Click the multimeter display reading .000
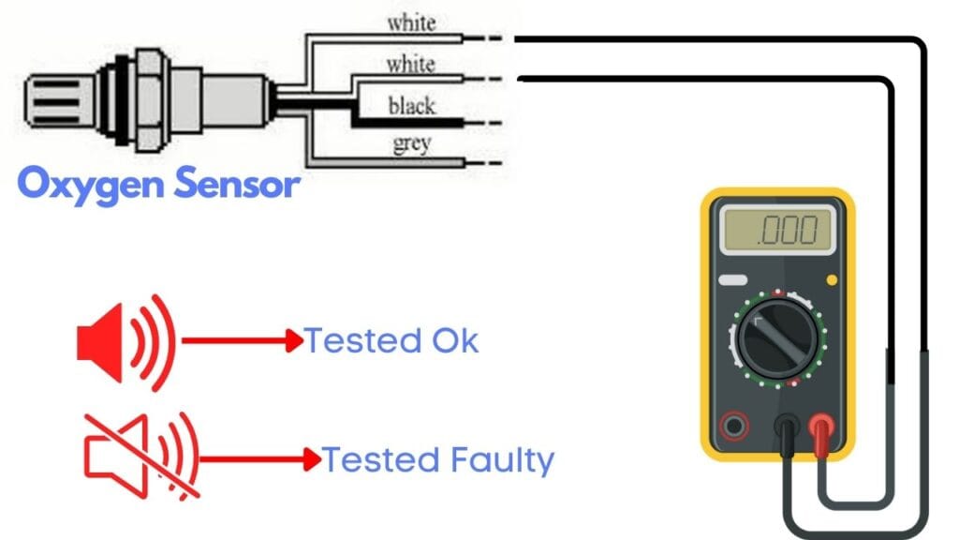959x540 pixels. point(777,230)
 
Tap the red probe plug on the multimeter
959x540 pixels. point(822,430)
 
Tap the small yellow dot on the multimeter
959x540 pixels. point(831,279)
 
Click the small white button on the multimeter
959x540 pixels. point(732,279)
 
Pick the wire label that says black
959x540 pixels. point(411,105)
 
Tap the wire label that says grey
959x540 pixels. point(411,143)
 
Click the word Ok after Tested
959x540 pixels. point(455,341)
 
